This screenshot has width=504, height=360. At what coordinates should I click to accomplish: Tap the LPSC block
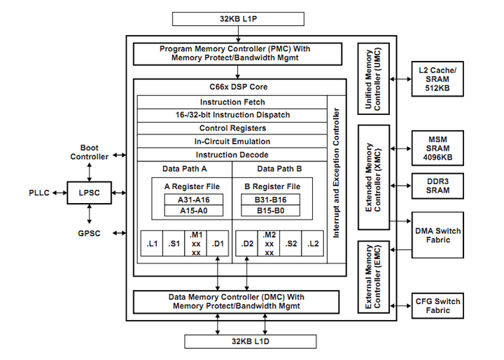tap(89, 192)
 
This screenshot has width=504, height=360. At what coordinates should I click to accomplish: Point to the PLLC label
tap(39, 192)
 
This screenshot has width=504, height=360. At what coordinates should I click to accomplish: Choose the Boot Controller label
tap(89, 152)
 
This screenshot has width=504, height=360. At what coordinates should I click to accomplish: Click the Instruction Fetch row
tap(232, 102)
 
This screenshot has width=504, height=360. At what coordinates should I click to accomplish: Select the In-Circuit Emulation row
tap(232, 141)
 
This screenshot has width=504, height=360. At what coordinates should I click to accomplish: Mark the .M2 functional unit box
tap(269, 243)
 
